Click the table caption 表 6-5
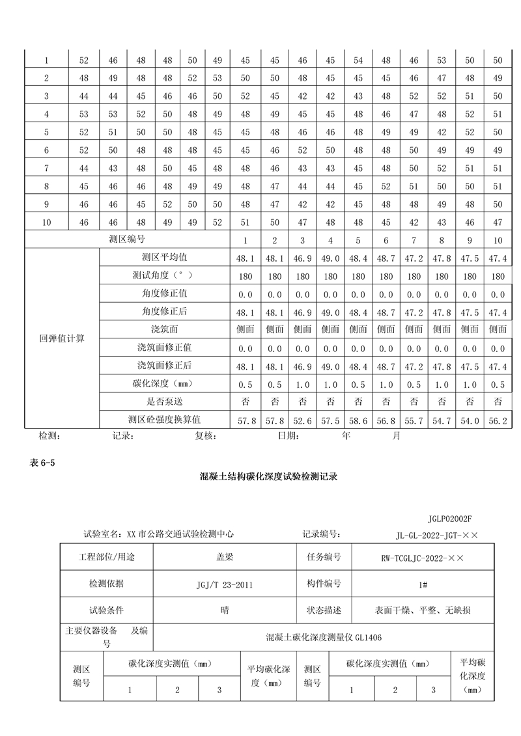[x=40, y=463]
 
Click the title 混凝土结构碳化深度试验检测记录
[x=268, y=476]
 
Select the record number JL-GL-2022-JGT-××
[x=437, y=535]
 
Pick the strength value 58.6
[x=358, y=421]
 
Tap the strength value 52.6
[x=302, y=421]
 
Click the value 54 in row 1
[x=358, y=61]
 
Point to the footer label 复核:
[x=205, y=436]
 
